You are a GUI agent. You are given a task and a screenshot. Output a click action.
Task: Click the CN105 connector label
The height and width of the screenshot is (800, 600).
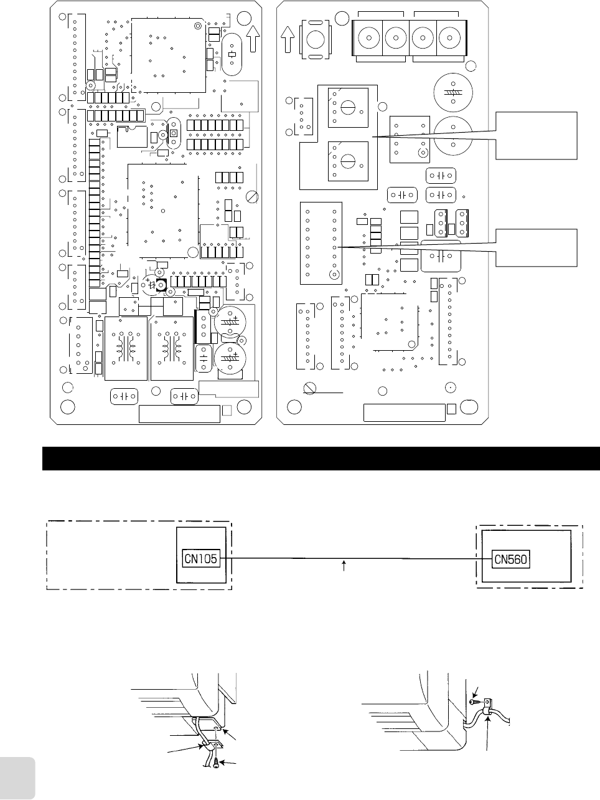pos(201,558)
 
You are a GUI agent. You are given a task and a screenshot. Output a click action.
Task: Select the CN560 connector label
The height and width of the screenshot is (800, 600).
pos(510,559)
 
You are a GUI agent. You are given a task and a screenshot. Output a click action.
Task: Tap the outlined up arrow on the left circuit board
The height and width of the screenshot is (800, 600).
pos(253,41)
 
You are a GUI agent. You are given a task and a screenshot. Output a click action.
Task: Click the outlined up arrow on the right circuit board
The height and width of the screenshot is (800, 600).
pos(287,41)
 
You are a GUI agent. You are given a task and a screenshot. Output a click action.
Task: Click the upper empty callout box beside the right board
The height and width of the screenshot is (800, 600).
pos(537,135)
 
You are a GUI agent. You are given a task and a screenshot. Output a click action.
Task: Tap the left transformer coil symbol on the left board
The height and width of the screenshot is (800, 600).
pos(126,348)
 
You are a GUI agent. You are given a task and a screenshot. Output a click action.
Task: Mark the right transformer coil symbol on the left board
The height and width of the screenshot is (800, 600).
pos(172,348)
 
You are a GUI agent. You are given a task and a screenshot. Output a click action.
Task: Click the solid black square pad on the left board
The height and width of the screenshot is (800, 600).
pos(161,285)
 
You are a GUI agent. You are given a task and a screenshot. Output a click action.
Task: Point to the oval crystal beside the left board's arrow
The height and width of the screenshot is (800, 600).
pos(230,54)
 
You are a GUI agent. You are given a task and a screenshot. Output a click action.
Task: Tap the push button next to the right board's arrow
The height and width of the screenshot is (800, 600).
pos(316,40)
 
